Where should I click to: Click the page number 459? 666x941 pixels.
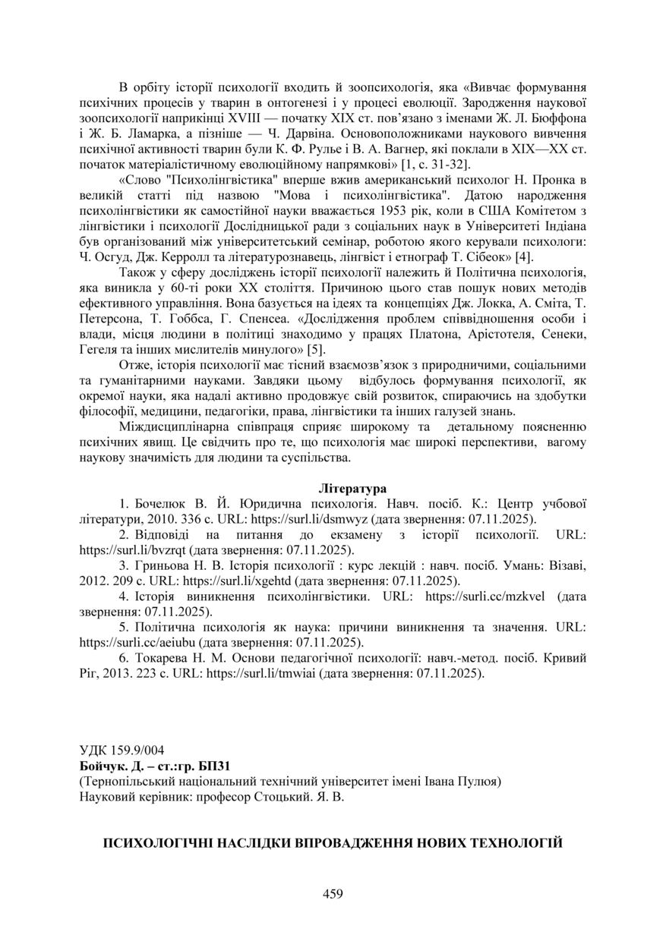pyautogui.click(x=333, y=894)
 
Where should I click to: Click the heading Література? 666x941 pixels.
pyautogui.click(x=352, y=489)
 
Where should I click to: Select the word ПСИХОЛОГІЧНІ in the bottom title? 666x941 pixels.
pyautogui.click(x=157, y=843)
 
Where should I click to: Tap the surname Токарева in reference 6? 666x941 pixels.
pyautogui.click(x=162, y=657)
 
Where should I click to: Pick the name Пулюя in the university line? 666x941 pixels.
pyautogui.click(x=482, y=782)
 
